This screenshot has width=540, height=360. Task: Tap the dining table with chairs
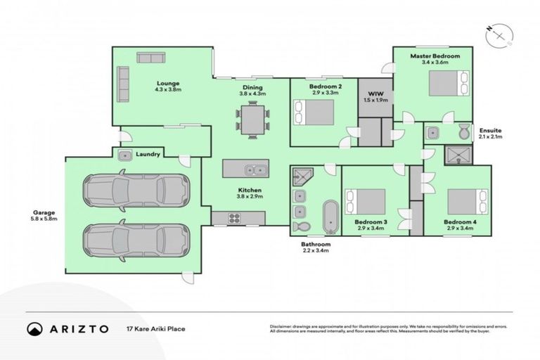pos(252,117)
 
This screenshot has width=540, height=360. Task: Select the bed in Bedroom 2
pos(314,112)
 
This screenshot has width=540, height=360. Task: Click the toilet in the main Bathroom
pos(301,226)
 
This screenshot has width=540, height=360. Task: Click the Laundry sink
pos(125,155)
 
